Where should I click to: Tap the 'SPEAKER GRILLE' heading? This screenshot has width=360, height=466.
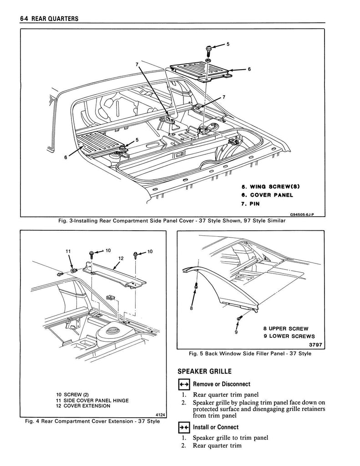[x=204, y=371]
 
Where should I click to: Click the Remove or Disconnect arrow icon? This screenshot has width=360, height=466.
[x=183, y=384]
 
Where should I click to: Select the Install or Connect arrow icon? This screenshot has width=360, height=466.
[x=183, y=427]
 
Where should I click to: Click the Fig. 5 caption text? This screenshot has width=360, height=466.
[x=250, y=354]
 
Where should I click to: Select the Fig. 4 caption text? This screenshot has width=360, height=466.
[x=92, y=421]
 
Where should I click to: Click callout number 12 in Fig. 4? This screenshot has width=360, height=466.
[x=121, y=258]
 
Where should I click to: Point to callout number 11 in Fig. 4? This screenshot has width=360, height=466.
[x=68, y=251]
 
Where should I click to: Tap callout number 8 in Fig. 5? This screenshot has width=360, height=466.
[x=192, y=308]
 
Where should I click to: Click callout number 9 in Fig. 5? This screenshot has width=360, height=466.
[x=236, y=332]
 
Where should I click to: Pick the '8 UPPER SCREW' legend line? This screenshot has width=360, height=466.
[x=286, y=329]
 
